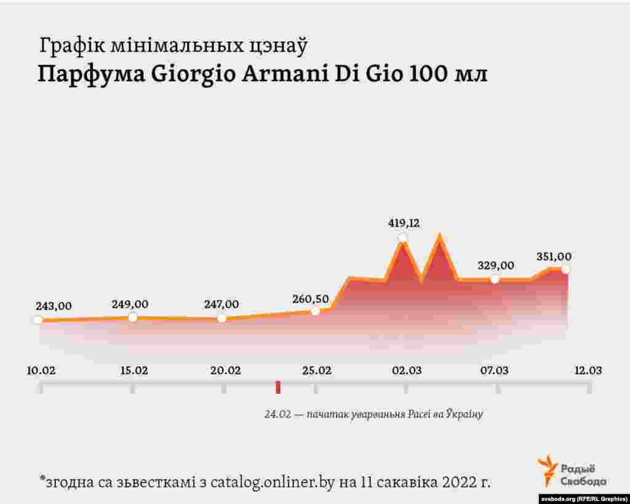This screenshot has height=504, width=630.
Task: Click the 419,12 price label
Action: point(404,223)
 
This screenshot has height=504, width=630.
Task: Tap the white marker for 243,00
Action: point(38,320)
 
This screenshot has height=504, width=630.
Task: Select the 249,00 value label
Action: point(130,304)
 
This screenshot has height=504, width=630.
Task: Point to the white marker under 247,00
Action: point(222,318)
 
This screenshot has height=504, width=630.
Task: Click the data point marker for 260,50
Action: point(315,311)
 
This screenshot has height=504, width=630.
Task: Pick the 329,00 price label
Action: point(496,265)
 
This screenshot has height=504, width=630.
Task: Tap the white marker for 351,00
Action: point(565,269)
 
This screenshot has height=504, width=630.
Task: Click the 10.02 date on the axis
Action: point(41,370)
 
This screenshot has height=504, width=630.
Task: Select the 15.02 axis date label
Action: point(134,370)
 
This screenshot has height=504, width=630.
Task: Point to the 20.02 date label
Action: point(225,370)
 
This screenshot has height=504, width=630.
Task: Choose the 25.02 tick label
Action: point(316,370)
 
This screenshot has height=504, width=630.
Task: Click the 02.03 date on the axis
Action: point(407,370)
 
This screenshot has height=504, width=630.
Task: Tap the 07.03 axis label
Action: point(495,370)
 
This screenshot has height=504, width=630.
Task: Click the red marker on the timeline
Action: point(278,387)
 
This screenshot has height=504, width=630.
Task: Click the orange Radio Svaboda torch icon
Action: point(546,470)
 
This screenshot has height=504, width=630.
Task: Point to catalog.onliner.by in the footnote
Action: point(273,482)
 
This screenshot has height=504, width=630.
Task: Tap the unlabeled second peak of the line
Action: point(439,236)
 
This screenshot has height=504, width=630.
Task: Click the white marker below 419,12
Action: point(403,238)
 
